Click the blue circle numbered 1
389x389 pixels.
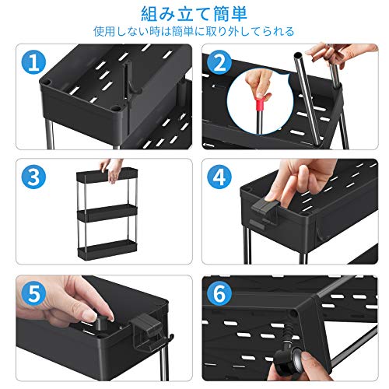[x=33, y=62]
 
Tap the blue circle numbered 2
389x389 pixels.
[x=219, y=62]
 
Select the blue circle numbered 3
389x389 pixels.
[x=33, y=177]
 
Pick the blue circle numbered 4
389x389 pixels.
[x=219, y=177]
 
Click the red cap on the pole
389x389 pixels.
[x=260, y=103]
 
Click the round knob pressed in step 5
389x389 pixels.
[x=101, y=322]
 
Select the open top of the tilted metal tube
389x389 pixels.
[x=298, y=55]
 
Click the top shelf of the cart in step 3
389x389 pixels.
[x=107, y=175]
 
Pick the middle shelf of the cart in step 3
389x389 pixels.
[x=107, y=212]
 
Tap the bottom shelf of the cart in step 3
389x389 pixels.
[x=107, y=248]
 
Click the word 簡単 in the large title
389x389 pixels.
[x=230, y=14]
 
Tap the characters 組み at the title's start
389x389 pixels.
[x=158, y=14]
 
